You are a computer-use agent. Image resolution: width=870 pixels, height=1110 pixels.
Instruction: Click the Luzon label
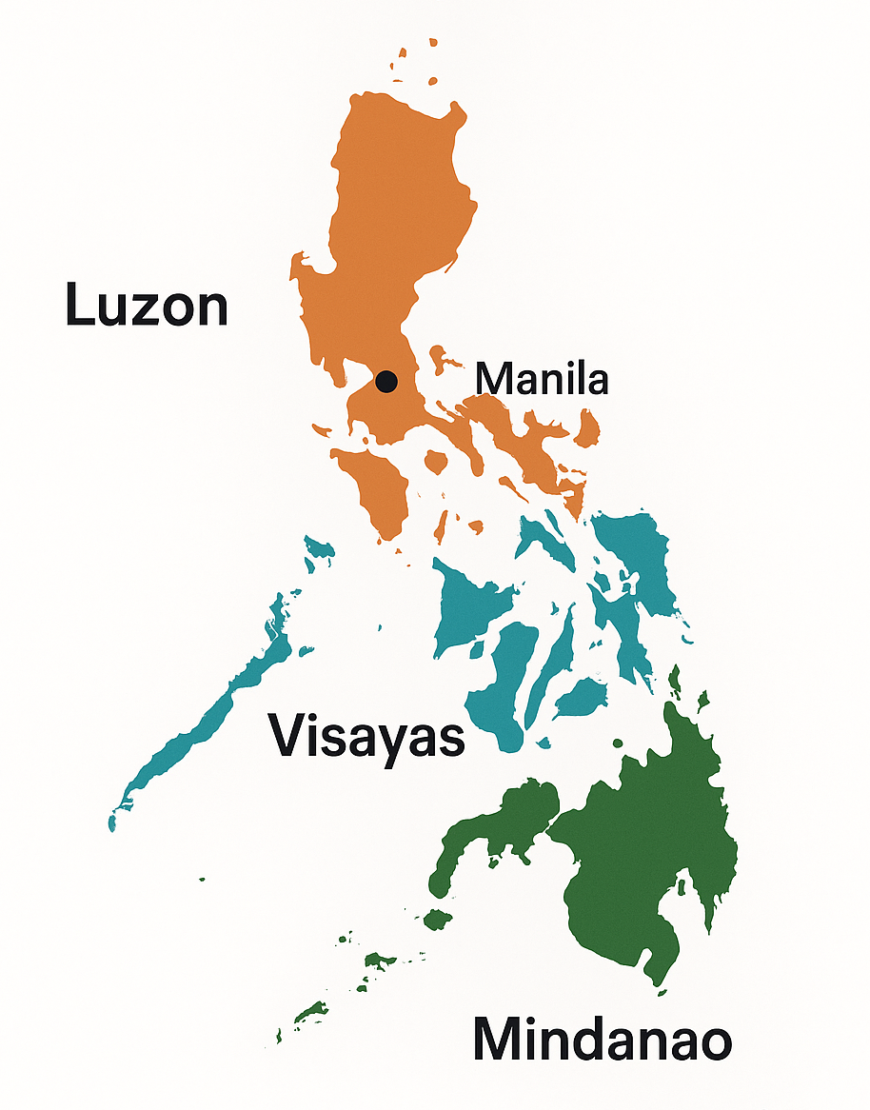[x=147, y=306]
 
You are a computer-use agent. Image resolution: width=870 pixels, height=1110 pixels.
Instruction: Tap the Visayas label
[x=366, y=735]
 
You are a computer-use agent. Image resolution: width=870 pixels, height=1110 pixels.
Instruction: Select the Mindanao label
[x=602, y=1040]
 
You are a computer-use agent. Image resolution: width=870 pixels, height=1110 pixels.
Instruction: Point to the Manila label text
[x=542, y=379]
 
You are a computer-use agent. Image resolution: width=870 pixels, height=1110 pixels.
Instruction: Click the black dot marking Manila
[x=386, y=382]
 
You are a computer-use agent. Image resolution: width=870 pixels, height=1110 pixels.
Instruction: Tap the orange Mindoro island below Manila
[x=376, y=490]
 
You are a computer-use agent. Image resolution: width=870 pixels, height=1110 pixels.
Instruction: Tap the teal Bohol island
[x=581, y=701]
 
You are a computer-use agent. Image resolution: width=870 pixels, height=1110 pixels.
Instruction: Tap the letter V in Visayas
[x=287, y=735]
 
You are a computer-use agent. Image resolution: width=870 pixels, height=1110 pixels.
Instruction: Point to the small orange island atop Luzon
[x=433, y=42]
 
